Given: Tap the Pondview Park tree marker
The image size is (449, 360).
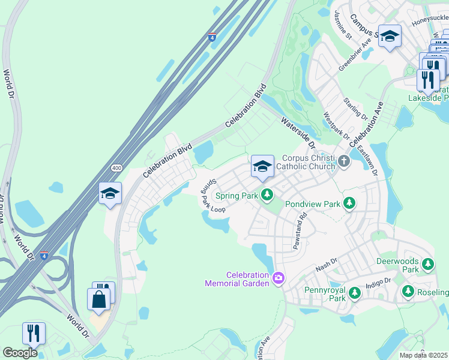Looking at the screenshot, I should click(349, 204).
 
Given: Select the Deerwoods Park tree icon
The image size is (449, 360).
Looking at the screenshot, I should click(427, 263).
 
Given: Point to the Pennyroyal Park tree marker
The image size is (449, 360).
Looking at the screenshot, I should click(355, 292).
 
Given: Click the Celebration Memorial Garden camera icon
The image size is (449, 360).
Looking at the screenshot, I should click(278, 278).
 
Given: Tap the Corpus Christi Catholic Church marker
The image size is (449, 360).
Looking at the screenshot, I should click(343, 160).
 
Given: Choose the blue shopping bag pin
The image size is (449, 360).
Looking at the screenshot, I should click(98, 299).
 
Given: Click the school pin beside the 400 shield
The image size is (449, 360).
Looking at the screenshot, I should click(110, 194).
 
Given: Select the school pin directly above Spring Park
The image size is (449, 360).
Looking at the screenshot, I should click(262, 166).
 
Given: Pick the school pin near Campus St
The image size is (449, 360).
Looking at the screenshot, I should click(390, 37).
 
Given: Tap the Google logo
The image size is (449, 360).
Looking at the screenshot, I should click(20, 352).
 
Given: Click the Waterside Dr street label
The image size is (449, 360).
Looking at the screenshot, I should click(298, 133).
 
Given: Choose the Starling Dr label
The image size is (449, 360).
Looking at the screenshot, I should click(354, 108).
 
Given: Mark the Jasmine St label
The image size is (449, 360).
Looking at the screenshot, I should click(343, 25).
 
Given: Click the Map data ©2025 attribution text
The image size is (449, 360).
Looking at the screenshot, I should click(423, 355).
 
